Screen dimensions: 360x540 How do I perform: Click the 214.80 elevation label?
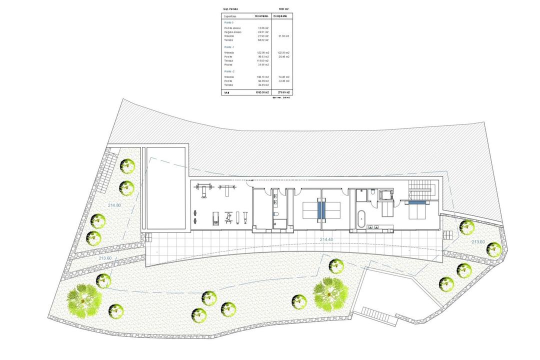point(114,205)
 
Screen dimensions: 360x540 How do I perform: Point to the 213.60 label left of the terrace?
point(105,258)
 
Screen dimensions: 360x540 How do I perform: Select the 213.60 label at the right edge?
point(478,242)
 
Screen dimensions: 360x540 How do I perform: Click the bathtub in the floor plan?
point(361,219)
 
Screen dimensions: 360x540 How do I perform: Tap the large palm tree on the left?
point(84,298)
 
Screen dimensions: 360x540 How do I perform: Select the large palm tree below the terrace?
point(330,293)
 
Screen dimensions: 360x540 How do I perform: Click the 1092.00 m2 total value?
point(263,92)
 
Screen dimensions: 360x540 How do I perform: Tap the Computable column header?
point(283,16)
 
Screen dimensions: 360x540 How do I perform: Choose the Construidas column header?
point(261,16)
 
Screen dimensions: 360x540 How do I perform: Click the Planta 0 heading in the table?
point(229,22)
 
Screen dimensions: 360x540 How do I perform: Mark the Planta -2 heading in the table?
point(229,71)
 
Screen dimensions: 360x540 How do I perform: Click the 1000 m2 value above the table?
point(283,9)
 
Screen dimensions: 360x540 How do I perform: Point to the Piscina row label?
point(228,64)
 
